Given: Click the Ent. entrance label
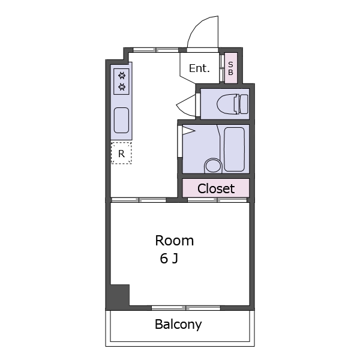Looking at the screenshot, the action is pos(199,68).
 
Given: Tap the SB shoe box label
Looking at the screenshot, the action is pos(230,68).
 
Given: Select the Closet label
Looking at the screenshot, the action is pos(216,188).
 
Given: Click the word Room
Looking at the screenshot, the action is pos(175,241).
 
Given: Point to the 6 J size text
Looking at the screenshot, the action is pos(169,258).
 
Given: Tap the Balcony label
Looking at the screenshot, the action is pos(178,325).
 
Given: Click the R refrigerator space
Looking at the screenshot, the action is pos(121,153).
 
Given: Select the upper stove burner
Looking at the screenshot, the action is pos(122,76).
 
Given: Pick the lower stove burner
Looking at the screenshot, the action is pos(122,87).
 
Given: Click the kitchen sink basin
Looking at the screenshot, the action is pos(121,121).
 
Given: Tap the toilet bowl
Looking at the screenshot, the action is pos(227,104).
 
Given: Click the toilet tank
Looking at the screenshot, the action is pos(244,104).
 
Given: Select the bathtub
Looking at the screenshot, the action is pos(234,149).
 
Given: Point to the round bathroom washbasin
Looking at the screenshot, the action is pos(213,166).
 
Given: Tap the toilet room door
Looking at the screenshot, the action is pos(187,105).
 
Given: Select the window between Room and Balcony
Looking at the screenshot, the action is pos(186,308).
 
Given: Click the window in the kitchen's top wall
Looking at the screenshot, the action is pos(156,50).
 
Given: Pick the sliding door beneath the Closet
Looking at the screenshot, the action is pos(217,200).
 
